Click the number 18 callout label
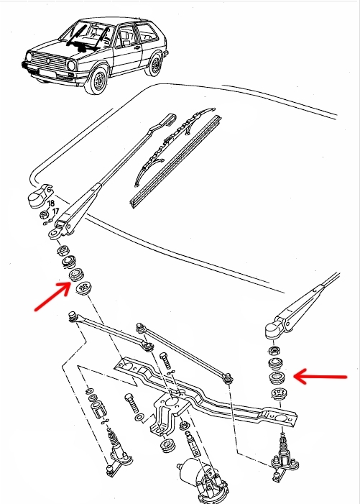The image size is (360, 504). (x=51, y=203)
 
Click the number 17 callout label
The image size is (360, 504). (x=55, y=211)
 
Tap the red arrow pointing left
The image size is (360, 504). (x=320, y=377)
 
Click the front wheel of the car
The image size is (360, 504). (x=98, y=81)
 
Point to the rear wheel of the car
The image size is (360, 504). (x=155, y=65)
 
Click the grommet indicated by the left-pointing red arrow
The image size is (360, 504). (x=277, y=377)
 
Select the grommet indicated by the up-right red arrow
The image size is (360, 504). (x=76, y=275)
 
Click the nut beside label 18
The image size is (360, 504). (x=45, y=214)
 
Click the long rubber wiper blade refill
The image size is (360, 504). (x=175, y=161)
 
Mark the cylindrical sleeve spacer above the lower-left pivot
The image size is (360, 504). (x=98, y=409)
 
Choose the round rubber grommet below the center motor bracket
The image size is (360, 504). (x=167, y=444)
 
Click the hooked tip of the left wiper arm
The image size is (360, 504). (x=170, y=119)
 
